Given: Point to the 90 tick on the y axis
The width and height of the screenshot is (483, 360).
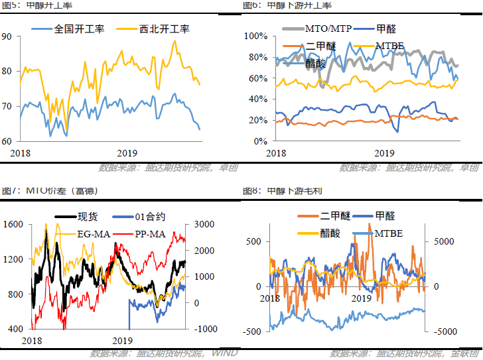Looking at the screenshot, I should [7, 36].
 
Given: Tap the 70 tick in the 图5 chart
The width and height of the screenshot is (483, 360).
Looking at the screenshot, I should [7, 106].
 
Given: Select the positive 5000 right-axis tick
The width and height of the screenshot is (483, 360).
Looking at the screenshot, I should [445, 242].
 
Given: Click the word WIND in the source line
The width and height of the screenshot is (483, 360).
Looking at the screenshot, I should [224, 353].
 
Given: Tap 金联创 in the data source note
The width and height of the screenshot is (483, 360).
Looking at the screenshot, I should [464, 353].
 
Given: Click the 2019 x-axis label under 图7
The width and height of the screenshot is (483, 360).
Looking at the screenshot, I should [121, 340].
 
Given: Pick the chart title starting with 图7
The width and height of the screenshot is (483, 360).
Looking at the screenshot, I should [50, 191].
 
